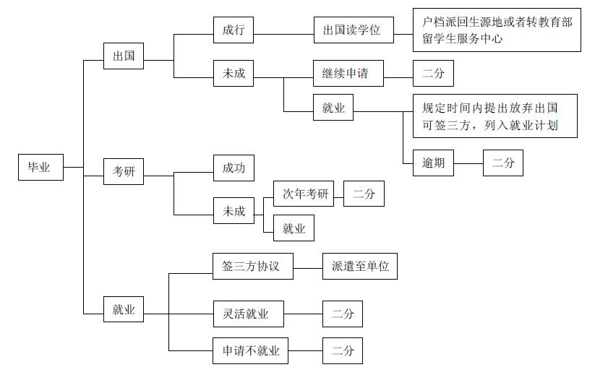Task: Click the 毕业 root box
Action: [40, 167]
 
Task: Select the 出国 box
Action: [123, 56]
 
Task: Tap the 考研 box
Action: [123, 171]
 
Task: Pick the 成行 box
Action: [234, 30]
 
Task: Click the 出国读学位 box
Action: [354, 30]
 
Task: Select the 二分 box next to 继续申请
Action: [433, 74]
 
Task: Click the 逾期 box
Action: [433, 163]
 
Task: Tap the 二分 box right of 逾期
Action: [502, 163]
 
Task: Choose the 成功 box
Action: [234, 168]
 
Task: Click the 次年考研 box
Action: [304, 194]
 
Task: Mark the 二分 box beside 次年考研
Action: [364, 194]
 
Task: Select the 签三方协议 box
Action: [246, 266]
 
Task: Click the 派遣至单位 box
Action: [360, 266]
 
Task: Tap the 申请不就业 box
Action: [250, 351]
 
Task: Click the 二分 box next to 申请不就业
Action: [343, 351]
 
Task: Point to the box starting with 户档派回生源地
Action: [496, 30]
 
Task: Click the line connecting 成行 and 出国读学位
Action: [284, 31]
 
